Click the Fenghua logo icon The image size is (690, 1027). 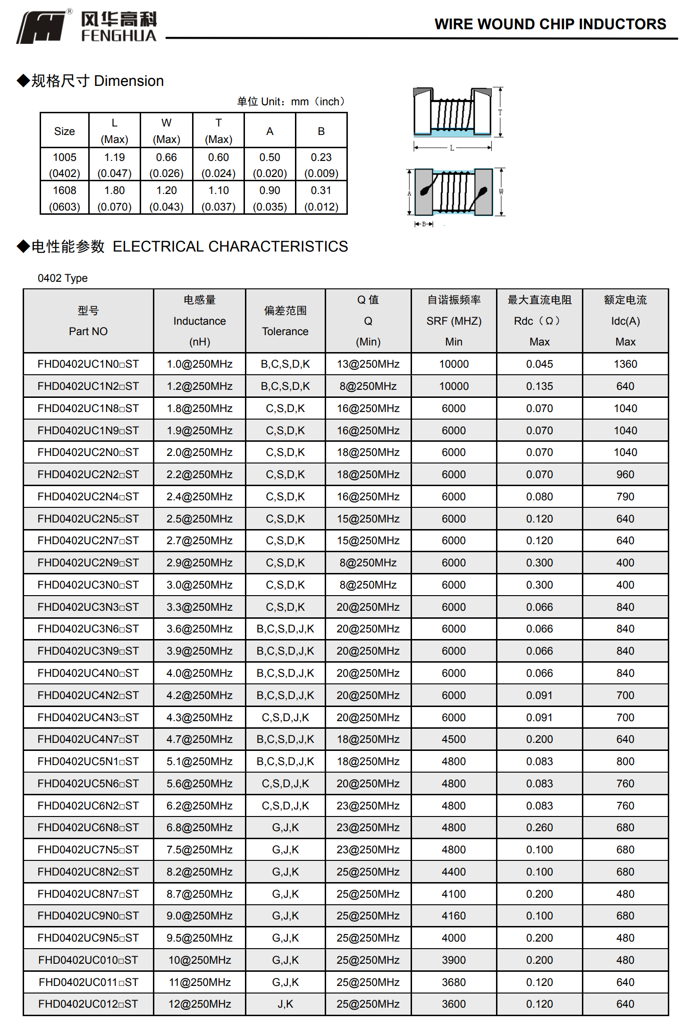[x=42, y=27]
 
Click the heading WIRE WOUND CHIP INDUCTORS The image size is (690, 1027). [x=550, y=24]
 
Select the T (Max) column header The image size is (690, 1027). [x=218, y=131]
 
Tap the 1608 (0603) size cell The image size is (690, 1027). [x=65, y=198]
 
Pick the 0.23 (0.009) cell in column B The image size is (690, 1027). [x=321, y=165]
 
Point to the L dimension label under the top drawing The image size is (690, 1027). [x=452, y=148]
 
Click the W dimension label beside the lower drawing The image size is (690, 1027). [x=501, y=192]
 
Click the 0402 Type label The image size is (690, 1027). [x=63, y=278]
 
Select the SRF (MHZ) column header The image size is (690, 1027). [x=454, y=321]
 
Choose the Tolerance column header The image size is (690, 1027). [x=285, y=321]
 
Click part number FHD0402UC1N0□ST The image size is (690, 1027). [x=88, y=364]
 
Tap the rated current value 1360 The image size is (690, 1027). [x=625, y=364]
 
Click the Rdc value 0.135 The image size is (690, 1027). [x=539, y=386]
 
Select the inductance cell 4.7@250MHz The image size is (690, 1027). [x=199, y=739]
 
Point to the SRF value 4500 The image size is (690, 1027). [x=454, y=739]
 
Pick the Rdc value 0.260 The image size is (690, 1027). [x=539, y=827]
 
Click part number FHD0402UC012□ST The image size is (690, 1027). [x=88, y=1004]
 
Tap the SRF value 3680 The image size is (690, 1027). [x=454, y=982]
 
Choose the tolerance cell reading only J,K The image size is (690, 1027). [x=285, y=1004]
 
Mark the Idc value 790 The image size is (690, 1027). [x=625, y=497]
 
